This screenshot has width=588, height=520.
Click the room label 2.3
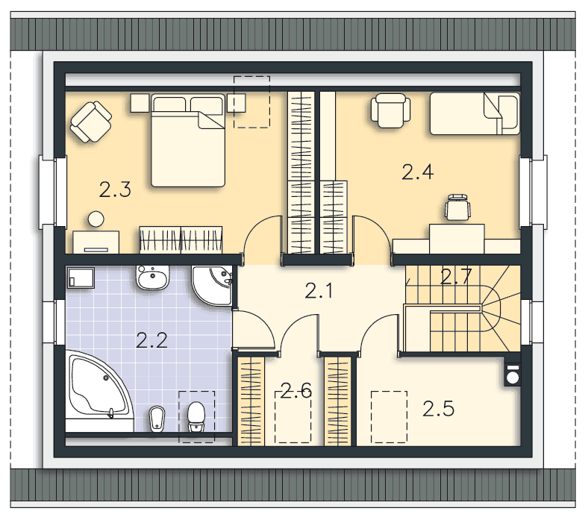pos(115,189)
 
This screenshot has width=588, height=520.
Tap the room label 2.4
pos(418,172)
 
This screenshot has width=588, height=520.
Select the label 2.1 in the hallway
pos(319,291)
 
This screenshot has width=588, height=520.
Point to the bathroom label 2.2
pos(151,340)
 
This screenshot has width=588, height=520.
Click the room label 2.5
pos(438,409)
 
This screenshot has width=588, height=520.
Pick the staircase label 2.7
pos(456,277)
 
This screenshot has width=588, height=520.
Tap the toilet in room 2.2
pos(196,416)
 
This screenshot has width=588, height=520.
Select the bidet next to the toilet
pos(157,419)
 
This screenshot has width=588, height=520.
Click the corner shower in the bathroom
pos(212,285)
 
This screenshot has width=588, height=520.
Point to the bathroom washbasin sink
pos(153,278)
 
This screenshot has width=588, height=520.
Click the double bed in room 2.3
pos(188,140)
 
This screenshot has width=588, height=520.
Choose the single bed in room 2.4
pos(475,113)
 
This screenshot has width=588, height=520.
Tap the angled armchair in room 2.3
pos(91,122)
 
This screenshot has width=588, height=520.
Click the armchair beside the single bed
pos(390,110)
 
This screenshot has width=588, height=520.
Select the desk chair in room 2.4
pos(457,207)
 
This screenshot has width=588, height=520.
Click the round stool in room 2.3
pos(96,219)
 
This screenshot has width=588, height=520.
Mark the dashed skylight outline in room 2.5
pos(390,417)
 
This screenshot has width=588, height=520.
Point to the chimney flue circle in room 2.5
pos(513,378)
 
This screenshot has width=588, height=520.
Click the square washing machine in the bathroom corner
pos(81,278)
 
